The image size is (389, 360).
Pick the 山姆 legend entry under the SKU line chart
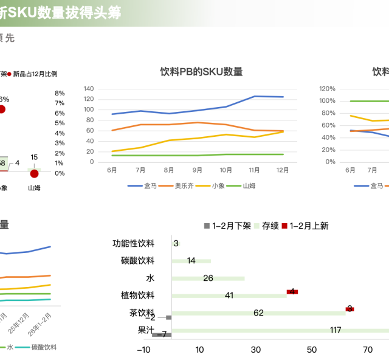[x=249, y=185]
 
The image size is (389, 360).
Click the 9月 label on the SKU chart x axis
[x=198, y=170]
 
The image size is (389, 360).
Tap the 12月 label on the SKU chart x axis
[x=283, y=170]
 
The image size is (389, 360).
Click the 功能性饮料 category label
[x=133, y=244]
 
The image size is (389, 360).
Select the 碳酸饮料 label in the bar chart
[x=137, y=261]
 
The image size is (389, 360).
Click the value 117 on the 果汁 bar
[x=336, y=330]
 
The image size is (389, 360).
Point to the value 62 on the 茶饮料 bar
[x=259, y=313]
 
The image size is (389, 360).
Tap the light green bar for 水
[x=208, y=279]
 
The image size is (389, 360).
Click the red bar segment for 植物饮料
[x=292, y=292]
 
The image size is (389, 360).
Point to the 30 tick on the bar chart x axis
[x=256, y=350]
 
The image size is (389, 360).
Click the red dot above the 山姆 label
[x=34, y=174]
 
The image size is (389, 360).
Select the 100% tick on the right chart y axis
[x=327, y=101]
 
